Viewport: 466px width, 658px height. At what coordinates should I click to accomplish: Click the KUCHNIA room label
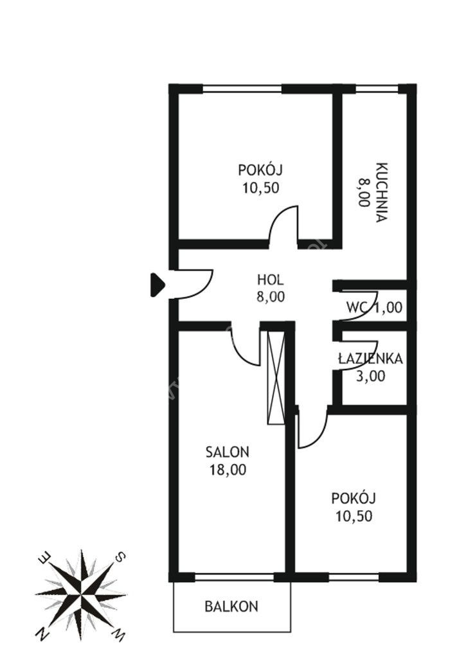(381, 192)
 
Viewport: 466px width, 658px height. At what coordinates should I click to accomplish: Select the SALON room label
(228, 452)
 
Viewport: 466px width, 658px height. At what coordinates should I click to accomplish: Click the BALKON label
(231, 607)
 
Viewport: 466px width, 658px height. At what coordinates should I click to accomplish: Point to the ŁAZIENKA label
(370, 359)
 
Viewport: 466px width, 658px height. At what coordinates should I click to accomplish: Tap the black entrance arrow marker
(157, 285)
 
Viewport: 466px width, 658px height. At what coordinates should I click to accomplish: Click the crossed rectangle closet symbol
(276, 377)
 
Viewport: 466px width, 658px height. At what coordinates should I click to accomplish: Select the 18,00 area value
(228, 470)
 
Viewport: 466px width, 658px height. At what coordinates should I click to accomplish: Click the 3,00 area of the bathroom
(370, 377)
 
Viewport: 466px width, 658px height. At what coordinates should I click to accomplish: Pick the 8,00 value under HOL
(271, 297)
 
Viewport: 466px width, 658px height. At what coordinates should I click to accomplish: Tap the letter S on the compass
(120, 557)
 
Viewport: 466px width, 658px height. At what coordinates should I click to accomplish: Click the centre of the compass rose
(81, 595)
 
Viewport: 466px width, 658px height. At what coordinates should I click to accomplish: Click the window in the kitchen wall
(377, 89)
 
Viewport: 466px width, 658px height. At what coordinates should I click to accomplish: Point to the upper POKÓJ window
(242, 89)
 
